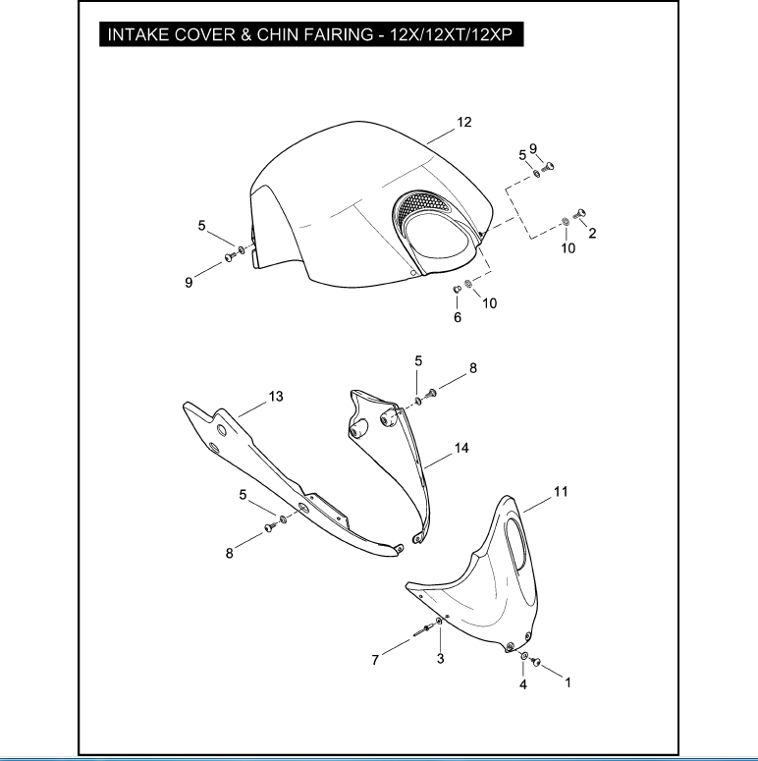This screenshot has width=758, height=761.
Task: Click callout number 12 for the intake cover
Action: coord(463,122)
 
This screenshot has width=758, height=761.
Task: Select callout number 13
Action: coord(276,397)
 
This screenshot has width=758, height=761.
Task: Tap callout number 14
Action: coord(461,448)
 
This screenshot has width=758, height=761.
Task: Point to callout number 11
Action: coord(561,492)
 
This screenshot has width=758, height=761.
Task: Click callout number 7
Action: coord(375,660)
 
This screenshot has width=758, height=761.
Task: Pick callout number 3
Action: coord(440,659)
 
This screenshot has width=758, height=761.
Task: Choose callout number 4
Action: coord(523,684)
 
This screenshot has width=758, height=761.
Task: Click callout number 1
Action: coord(568,682)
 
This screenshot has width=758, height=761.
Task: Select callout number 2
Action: coord(592,234)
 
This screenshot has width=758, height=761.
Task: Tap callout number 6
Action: coord(458,317)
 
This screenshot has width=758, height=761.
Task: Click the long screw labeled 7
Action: coord(423,630)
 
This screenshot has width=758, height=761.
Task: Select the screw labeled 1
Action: coord(536,661)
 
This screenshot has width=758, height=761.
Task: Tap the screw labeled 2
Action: coord(579,213)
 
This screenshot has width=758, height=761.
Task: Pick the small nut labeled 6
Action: coord(457,290)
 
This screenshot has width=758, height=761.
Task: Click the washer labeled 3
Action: coord(439,622)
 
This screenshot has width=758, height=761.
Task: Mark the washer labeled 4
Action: coord(524,656)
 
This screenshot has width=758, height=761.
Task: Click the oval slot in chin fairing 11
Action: coord(515,544)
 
